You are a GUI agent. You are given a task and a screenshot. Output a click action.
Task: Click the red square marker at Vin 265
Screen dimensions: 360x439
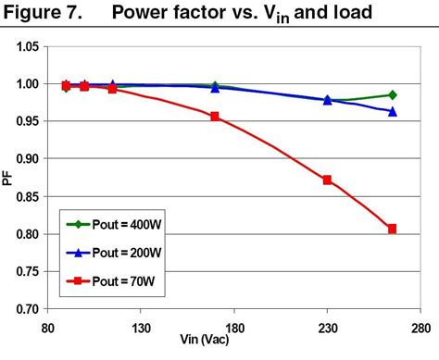392,229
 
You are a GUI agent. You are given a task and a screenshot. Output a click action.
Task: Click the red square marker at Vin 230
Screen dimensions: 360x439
327,180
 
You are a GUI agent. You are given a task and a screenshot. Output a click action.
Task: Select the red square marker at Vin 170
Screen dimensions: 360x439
215,117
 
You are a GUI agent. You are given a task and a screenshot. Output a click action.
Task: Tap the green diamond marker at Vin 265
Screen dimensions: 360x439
392,94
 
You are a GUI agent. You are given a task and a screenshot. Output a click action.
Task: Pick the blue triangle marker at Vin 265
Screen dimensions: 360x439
392,111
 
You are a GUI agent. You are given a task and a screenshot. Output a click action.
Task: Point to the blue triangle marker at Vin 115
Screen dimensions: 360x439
112,84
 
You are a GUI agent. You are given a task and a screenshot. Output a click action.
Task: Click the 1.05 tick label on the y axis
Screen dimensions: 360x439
27,46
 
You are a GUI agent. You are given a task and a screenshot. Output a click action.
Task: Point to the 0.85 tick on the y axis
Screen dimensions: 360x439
27,197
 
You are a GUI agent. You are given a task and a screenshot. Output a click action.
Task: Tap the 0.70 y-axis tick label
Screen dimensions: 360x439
27,310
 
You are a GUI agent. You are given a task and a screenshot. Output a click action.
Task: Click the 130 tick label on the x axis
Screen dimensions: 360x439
141,328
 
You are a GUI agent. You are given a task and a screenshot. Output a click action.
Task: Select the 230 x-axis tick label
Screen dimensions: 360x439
327,328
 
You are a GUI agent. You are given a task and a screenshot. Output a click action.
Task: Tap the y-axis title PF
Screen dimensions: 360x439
8,176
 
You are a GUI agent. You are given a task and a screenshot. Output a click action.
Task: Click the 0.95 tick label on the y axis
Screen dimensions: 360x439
27,122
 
